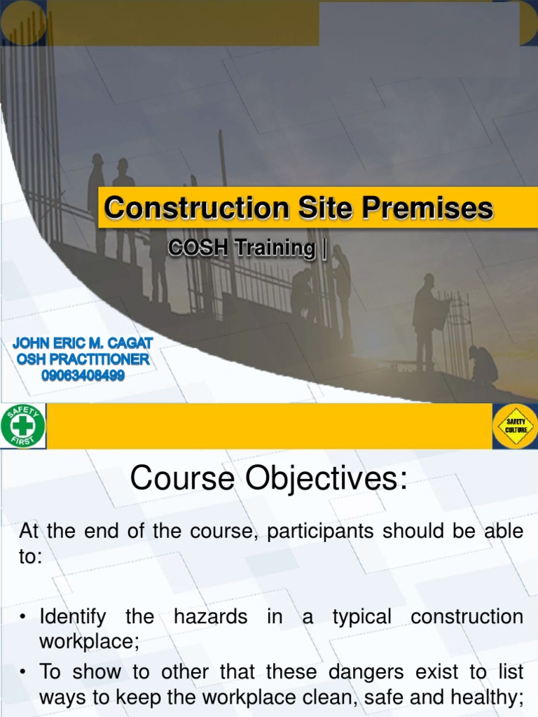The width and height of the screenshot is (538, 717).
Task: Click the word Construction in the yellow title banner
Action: [195, 208]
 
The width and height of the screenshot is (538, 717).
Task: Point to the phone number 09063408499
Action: [82, 376]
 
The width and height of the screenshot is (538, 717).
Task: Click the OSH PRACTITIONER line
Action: [82, 359]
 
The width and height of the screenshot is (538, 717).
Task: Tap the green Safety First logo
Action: [23, 425]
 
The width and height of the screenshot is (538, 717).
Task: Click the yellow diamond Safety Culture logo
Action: [516, 425]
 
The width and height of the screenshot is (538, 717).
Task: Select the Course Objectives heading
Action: [268, 479]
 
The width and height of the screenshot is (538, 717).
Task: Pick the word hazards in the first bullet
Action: [210, 617]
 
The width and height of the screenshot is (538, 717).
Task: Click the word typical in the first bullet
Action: [361, 617]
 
